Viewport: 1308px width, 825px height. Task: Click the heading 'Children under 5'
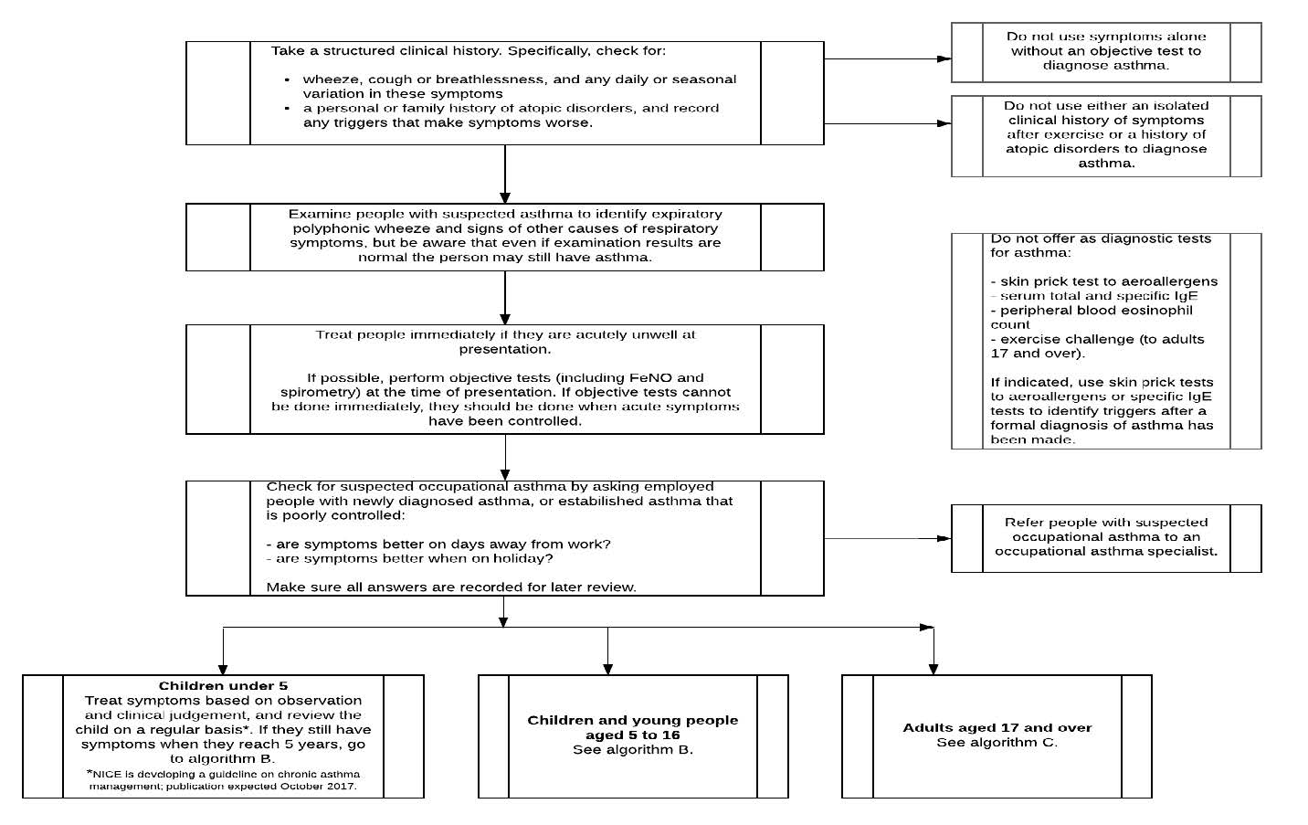coord(223,686)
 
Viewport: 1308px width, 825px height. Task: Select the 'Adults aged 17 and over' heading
coord(997,728)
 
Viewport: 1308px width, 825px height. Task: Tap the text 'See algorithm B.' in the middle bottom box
coord(632,750)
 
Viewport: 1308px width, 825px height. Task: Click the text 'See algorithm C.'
coord(997,743)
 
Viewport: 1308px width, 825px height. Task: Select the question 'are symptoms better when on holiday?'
coord(414,558)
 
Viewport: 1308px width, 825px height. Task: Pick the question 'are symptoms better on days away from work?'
coord(443,545)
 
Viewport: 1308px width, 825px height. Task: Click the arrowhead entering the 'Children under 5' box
coord(223,669)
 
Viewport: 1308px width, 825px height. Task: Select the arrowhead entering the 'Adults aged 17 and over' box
coord(933,669)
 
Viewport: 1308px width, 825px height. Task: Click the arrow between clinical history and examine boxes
coord(505,174)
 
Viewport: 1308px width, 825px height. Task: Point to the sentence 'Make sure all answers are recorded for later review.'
coord(451,587)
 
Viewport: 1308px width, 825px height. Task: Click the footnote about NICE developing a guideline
coord(223,780)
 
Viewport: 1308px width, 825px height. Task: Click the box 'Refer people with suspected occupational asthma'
coord(1105,537)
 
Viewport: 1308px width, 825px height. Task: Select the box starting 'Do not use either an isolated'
coord(1105,135)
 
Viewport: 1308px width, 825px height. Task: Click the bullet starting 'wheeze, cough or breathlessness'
coord(519,87)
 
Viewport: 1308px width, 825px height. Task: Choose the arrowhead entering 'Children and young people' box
coord(607,669)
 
